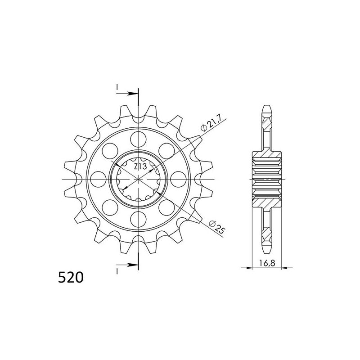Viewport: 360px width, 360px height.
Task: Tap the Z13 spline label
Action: click(140, 167)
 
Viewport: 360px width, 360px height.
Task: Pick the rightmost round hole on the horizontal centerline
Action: click(180, 178)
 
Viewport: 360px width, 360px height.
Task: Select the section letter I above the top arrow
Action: click(117, 86)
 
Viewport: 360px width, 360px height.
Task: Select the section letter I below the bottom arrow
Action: click(117, 271)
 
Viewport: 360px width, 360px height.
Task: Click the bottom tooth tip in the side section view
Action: click(267, 251)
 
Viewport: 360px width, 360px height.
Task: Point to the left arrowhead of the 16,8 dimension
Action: click(252, 268)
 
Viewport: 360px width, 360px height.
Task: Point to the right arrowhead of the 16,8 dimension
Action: click(283, 268)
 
